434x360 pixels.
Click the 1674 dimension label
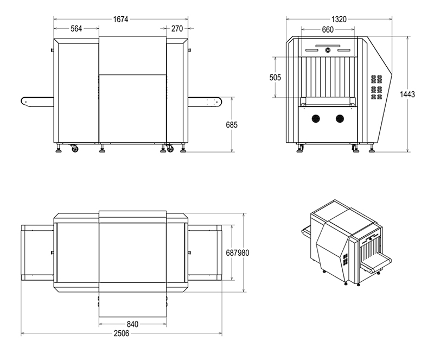point(120,19)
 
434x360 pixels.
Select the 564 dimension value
point(76,29)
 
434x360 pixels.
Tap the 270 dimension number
point(177,29)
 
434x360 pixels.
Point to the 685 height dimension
point(232,125)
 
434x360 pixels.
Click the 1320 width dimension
point(339,20)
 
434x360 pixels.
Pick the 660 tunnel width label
point(328,29)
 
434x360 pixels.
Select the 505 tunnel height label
point(275,77)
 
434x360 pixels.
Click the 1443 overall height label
point(407,94)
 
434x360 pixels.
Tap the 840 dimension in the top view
point(132,324)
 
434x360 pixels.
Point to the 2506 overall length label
point(122,333)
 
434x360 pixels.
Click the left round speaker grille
point(316,118)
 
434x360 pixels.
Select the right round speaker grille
point(340,118)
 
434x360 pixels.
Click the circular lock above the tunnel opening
point(328,50)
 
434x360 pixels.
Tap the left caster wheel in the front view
point(75,149)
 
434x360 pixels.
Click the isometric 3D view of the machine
point(347,243)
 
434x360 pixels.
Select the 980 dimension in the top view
point(244,252)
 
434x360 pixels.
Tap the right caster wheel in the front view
point(170,149)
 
